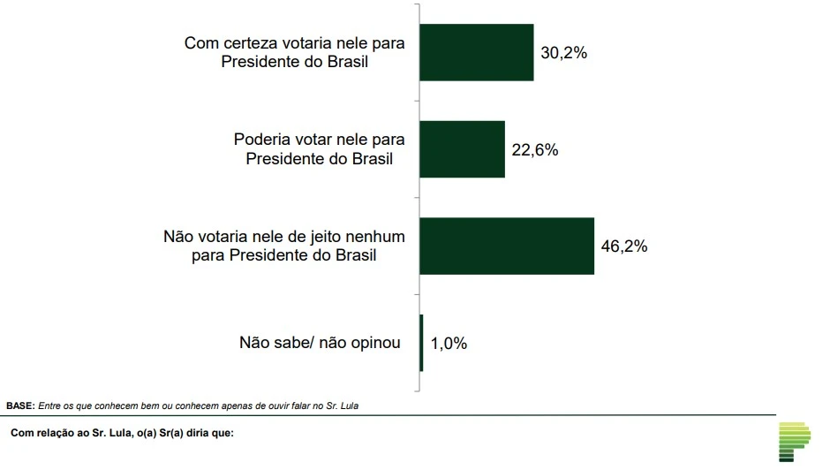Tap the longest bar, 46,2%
[506, 246]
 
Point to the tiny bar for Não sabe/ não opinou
[421, 342]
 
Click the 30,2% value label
[563, 52]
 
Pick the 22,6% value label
[534, 149]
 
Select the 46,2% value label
[624, 246]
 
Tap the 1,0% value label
[449, 343]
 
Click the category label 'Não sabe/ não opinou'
[320, 343]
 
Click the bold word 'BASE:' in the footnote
[19, 406]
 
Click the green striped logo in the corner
[795, 441]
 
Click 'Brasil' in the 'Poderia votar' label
[371, 159]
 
